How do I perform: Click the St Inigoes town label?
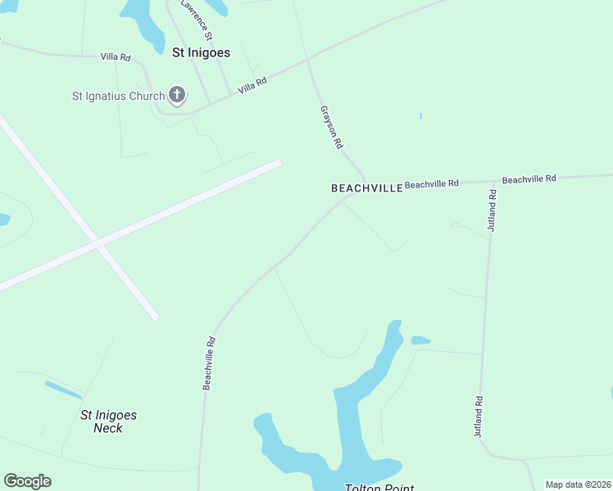coord(201,52)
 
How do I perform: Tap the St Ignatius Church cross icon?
coord(176,96)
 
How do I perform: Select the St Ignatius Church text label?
coord(118,97)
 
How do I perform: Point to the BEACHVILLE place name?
coord(366,188)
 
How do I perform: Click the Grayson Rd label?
coord(330,126)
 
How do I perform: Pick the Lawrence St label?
coord(198,20)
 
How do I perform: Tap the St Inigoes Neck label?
coord(108,421)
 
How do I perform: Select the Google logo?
coord(27,481)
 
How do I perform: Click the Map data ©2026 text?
coord(577,484)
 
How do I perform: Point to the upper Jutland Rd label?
coord(492,210)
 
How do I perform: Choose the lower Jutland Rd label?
coord(478,417)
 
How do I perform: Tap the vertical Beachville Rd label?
coord(209,363)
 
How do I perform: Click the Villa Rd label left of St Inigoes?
coord(116,57)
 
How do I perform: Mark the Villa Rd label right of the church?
coord(252,85)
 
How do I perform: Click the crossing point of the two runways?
coord(98,243)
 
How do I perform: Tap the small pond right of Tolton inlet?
coord(420,340)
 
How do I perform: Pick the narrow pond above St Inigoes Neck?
coord(63,390)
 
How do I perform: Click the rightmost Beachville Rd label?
coord(529,178)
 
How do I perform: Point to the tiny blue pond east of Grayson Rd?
coord(420,116)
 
